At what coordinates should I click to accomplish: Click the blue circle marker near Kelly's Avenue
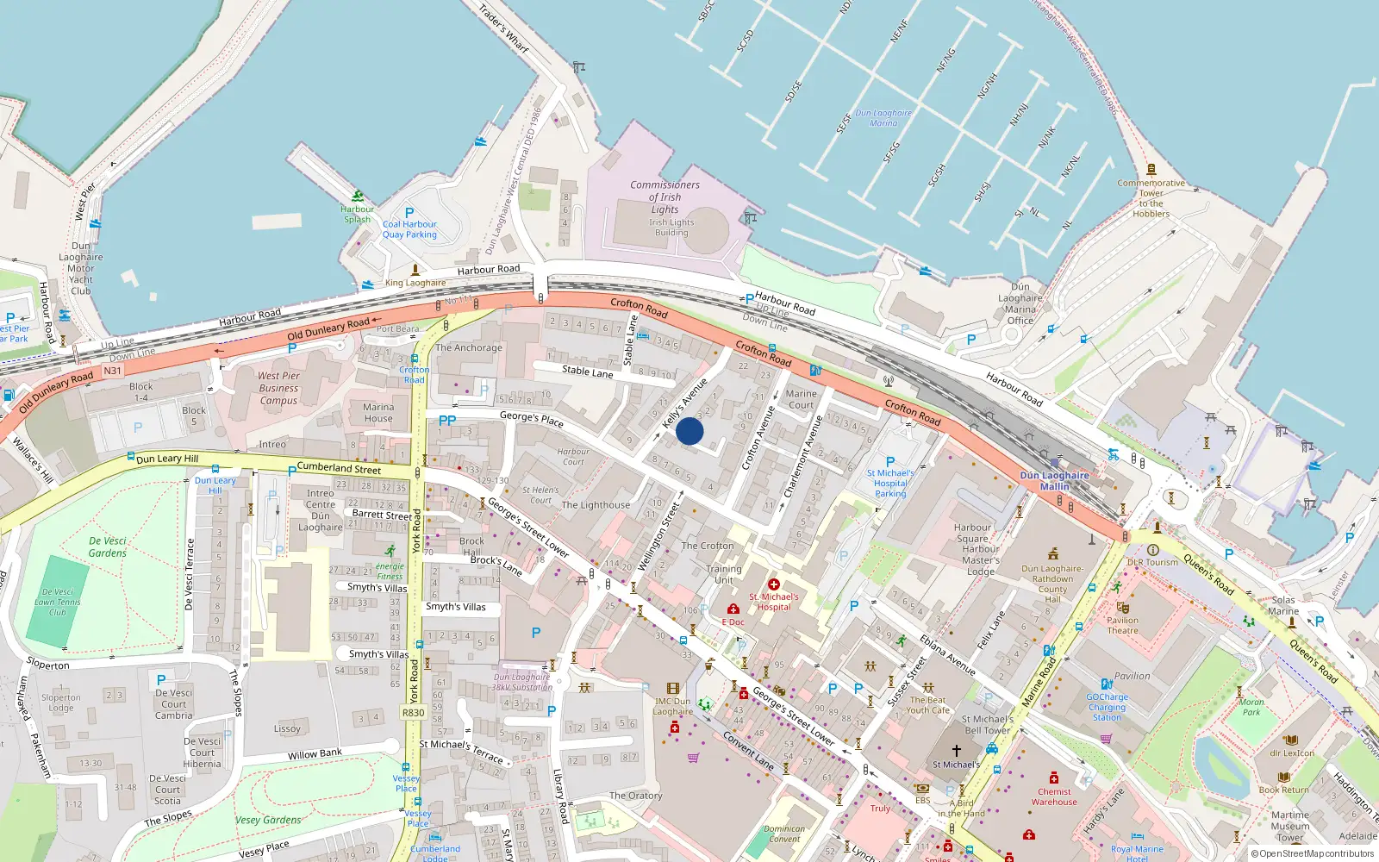click(x=689, y=431)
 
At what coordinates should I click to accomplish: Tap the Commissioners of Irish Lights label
click(x=665, y=197)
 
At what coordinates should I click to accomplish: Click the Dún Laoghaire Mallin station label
click(x=1054, y=481)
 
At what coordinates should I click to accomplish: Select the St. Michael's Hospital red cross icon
click(x=774, y=584)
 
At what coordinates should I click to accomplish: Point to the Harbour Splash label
click(x=357, y=214)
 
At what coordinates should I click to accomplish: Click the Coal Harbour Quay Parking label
click(x=409, y=229)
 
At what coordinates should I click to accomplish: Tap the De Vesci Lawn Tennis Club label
click(x=57, y=603)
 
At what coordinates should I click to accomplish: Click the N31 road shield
click(x=113, y=371)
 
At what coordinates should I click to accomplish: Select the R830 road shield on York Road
click(x=414, y=713)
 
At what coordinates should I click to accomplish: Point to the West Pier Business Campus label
click(x=278, y=388)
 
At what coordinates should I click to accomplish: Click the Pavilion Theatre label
click(x=1122, y=625)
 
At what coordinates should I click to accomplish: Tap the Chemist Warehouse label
click(x=1054, y=796)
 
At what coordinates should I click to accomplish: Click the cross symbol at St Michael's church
click(x=956, y=751)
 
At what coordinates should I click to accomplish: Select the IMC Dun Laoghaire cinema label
click(x=672, y=707)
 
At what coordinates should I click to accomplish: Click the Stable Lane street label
click(x=587, y=372)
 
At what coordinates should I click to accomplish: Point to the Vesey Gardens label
click(x=268, y=820)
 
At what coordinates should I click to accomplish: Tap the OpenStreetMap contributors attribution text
click(x=1316, y=853)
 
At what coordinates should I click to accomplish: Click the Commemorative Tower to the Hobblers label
click(x=1151, y=198)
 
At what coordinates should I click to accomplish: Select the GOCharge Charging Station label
click(x=1107, y=707)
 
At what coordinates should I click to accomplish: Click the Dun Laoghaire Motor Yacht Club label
click(x=81, y=268)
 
